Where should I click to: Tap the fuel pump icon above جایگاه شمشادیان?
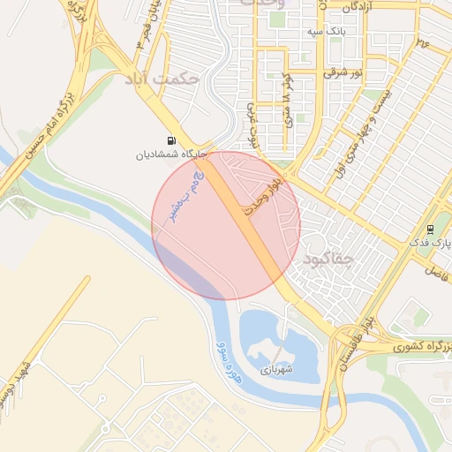169,140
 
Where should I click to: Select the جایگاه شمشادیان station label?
169,154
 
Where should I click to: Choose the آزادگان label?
347,6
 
